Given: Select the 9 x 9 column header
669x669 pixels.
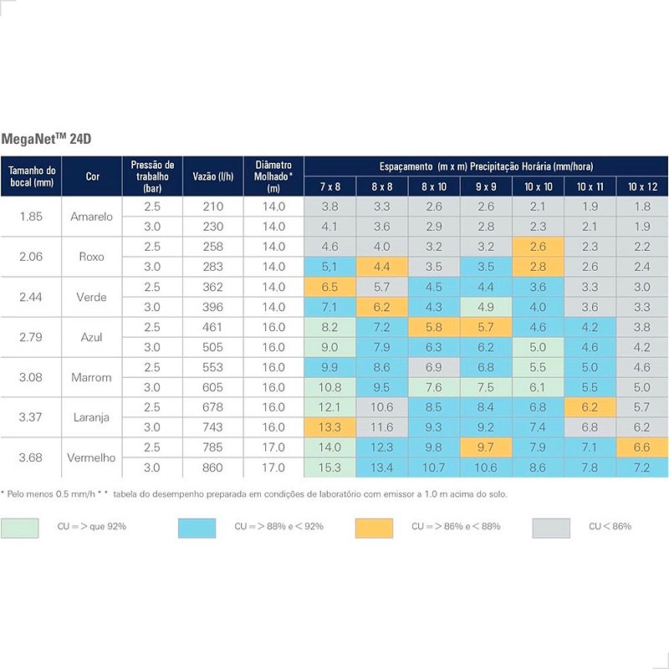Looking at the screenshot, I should click(x=486, y=186).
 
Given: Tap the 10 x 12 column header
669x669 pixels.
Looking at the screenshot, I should click(x=641, y=186).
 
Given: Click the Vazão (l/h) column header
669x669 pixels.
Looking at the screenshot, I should click(x=212, y=176).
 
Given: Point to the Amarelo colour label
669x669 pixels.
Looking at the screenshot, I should click(x=92, y=217).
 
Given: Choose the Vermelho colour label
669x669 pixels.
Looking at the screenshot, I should click(x=92, y=457).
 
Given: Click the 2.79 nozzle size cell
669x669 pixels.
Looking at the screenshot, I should click(x=32, y=337).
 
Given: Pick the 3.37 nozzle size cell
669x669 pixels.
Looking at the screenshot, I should click(x=32, y=417).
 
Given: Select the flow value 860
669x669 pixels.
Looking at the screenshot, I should click(x=213, y=467).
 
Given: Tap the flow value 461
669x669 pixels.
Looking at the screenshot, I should click(x=213, y=327).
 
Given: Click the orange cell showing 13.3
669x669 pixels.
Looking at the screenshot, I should click(x=329, y=427).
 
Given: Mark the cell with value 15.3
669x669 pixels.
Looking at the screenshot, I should click(x=329, y=467).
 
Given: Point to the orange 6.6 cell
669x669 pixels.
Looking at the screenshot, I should click(x=641, y=447).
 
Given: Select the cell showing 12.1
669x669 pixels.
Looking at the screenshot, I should click(x=329, y=407).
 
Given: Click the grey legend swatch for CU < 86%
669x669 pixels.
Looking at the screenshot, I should click(x=551, y=528).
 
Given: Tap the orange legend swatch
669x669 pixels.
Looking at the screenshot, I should click(x=374, y=528).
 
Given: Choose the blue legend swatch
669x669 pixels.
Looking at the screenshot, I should click(x=197, y=528).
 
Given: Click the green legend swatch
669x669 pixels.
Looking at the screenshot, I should click(x=20, y=528).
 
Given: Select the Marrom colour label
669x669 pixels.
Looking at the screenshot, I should click(x=92, y=377).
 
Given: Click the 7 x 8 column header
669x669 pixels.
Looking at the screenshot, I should click(x=329, y=186).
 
